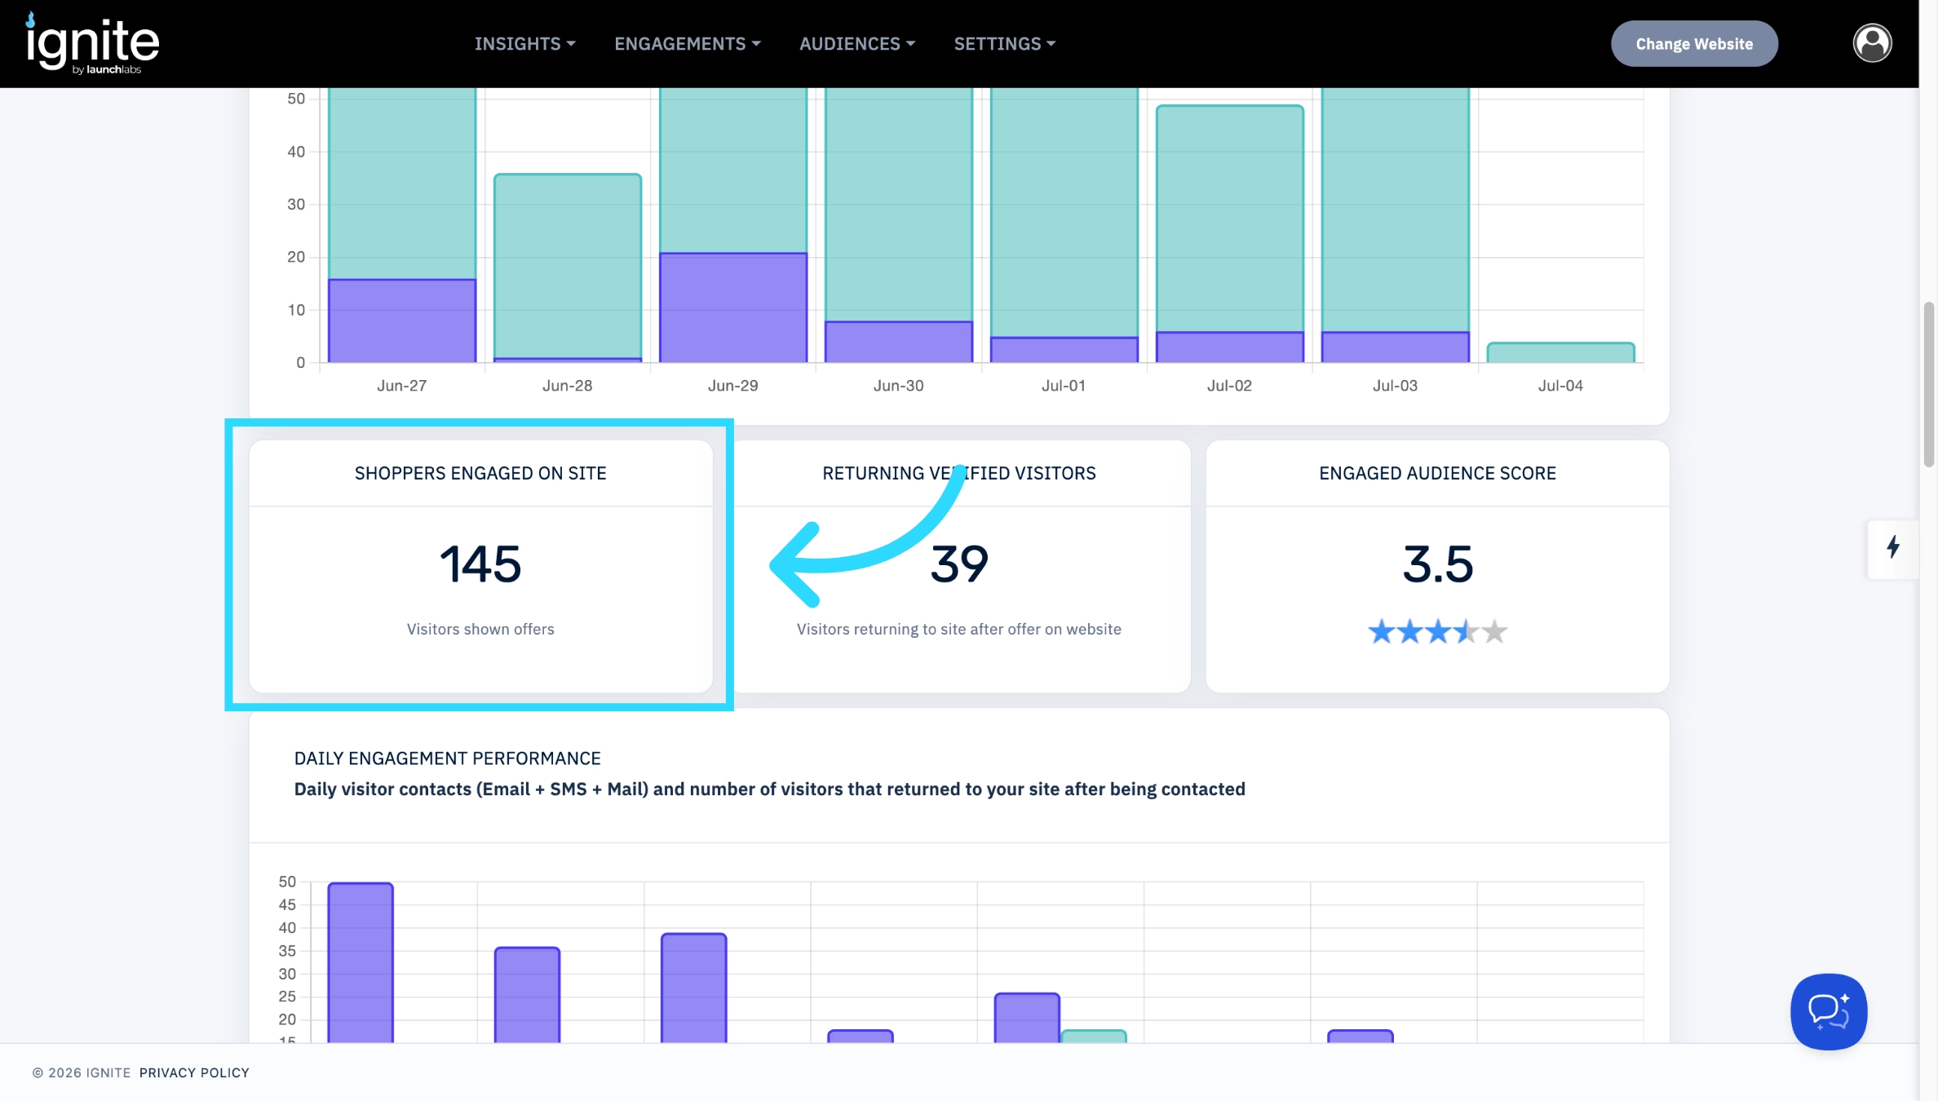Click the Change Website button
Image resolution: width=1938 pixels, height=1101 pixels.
pyautogui.click(x=1694, y=44)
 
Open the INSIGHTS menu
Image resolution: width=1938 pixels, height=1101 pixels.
pyautogui.click(x=525, y=44)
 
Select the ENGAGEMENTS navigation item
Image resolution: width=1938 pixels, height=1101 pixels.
pyautogui.click(x=688, y=44)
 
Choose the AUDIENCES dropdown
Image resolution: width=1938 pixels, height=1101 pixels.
pyautogui.click(x=857, y=44)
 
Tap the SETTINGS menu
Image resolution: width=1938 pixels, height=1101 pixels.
pyautogui.click(x=1005, y=44)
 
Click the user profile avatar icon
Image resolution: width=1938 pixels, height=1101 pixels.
pyautogui.click(x=1872, y=43)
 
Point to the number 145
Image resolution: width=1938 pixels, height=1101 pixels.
pyautogui.click(x=480, y=564)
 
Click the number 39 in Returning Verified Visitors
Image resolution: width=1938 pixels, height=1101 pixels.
pyautogui.click(x=959, y=564)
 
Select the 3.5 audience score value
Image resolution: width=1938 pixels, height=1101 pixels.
pyautogui.click(x=1438, y=564)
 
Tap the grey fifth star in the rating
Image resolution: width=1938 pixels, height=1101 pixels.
pyautogui.click(x=1494, y=631)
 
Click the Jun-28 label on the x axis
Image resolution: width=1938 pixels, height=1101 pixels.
pyautogui.click(x=568, y=386)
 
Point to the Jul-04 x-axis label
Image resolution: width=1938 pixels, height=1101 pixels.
pyautogui.click(x=1560, y=386)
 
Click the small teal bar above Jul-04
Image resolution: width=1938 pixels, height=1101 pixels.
pyautogui.click(x=1560, y=352)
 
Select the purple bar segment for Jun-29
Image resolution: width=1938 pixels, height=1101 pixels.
pyautogui.click(x=733, y=307)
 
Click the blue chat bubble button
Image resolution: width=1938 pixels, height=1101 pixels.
pyautogui.click(x=1829, y=1011)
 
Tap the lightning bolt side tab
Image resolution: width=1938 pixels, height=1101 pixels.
pyautogui.click(x=1893, y=546)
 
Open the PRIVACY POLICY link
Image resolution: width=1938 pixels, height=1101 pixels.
pyautogui.click(x=194, y=1072)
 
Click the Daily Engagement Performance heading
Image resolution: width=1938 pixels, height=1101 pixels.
pyautogui.click(x=447, y=758)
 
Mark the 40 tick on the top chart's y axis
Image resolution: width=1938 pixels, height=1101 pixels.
pyautogui.click(x=295, y=152)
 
